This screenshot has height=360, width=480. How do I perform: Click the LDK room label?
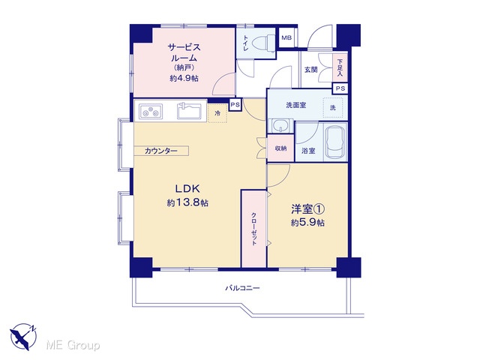point(187,188)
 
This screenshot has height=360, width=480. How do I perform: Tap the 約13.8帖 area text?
point(187,202)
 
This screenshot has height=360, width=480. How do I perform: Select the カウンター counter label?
point(160,151)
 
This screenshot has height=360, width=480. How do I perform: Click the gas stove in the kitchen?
point(151,111)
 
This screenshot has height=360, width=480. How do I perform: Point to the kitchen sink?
point(189,111)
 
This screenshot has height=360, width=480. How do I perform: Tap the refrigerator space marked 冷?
point(217,113)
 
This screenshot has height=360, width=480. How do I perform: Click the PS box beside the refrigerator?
point(235,105)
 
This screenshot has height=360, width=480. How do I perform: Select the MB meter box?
point(286,37)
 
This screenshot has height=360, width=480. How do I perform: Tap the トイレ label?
point(245,43)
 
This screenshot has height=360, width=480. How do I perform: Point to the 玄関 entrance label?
point(310,70)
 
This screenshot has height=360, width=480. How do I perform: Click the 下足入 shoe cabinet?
point(340,68)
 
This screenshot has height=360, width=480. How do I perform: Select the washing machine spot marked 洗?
point(333,108)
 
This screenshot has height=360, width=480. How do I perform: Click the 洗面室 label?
point(296,105)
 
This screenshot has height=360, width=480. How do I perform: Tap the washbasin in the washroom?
point(280,125)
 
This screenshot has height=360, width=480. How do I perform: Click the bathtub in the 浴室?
point(335,142)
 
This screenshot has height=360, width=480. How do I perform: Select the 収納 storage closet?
point(280,148)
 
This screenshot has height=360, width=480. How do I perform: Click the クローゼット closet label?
point(253,229)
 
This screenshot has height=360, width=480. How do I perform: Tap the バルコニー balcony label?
point(242,288)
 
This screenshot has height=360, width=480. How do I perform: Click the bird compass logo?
point(23,337)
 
